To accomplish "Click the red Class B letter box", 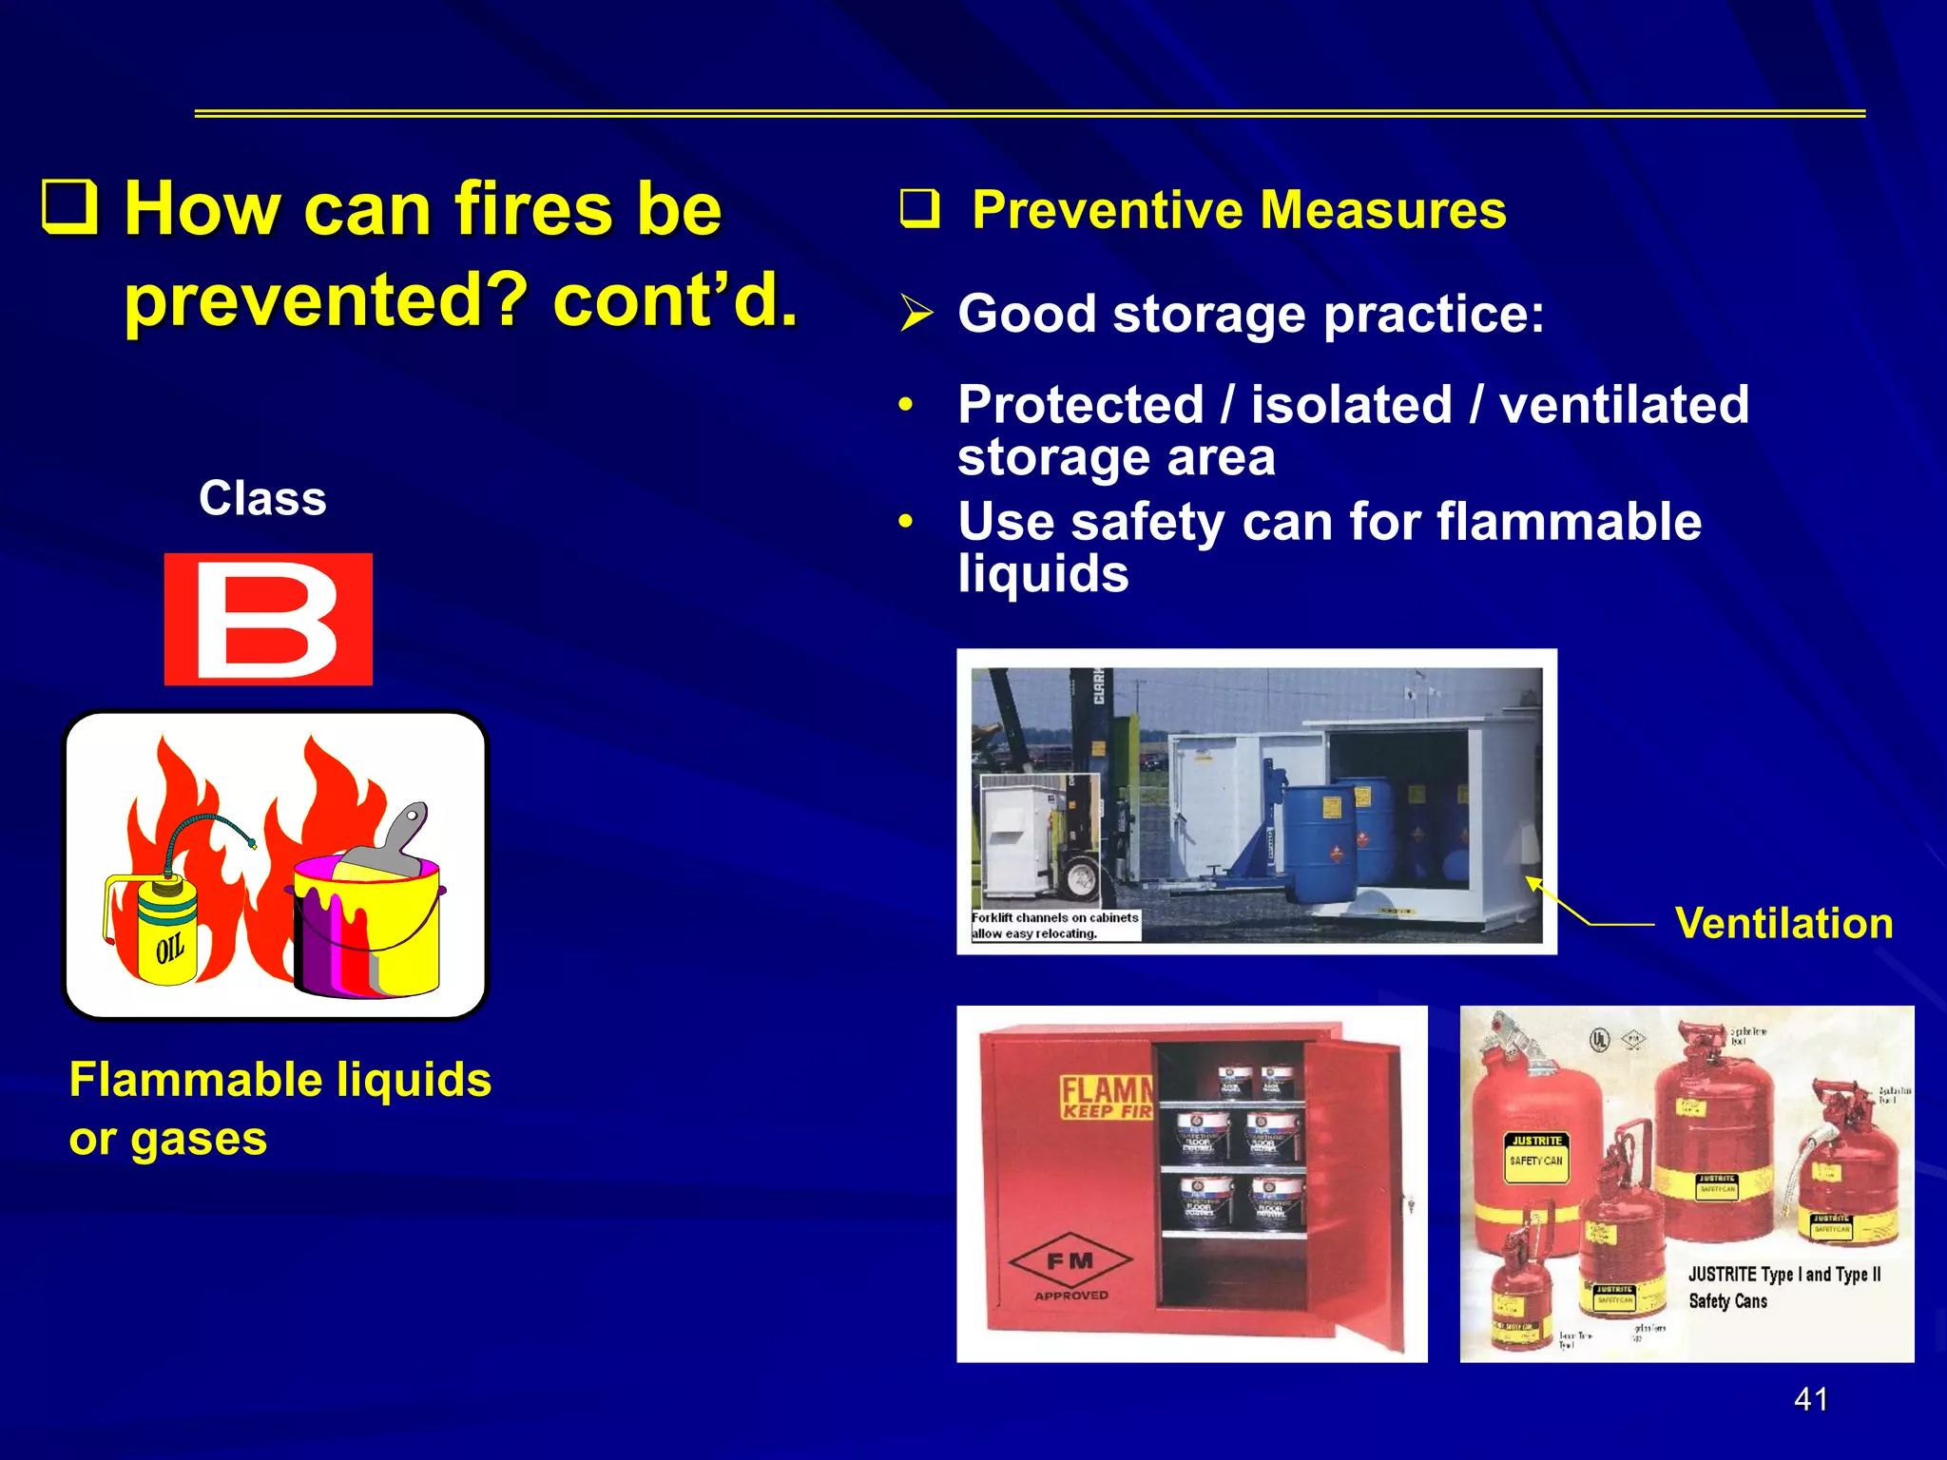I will [268, 619].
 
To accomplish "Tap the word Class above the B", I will [262, 498].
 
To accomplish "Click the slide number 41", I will [1810, 1399].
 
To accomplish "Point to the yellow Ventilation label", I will [1783, 923].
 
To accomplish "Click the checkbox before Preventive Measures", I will [919, 209].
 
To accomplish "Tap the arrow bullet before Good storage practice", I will [917, 314].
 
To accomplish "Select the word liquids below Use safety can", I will [1043, 574].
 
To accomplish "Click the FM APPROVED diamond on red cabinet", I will [1070, 1263].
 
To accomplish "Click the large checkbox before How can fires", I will [70, 207].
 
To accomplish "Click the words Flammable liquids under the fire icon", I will [280, 1080].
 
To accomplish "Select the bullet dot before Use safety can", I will [906, 522].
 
